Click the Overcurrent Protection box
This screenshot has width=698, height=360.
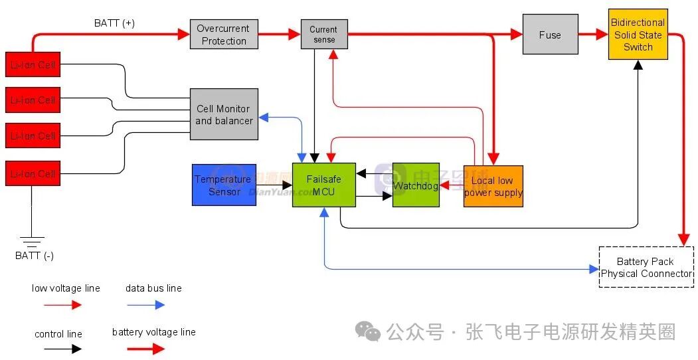[224, 35]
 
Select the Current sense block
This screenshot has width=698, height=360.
[323, 35]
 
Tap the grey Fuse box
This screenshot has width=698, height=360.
[549, 35]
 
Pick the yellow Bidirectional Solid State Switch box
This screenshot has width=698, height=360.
[638, 35]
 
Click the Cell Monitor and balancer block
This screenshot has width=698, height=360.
[224, 114]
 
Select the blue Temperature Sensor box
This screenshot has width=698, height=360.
[224, 185]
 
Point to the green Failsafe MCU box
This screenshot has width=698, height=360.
[323, 185]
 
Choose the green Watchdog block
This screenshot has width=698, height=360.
[416, 185]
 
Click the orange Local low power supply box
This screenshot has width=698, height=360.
[493, 186]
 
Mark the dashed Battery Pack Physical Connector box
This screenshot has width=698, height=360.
[646, 267]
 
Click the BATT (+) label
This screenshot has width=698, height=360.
[114, 23]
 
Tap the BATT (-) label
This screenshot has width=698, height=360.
[35, 256]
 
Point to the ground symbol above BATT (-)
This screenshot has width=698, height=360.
[31, 240]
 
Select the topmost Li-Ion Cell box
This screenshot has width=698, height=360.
[33, 65]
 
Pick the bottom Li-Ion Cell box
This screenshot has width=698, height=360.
[33, 173]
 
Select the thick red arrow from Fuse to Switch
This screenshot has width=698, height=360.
[593, 35]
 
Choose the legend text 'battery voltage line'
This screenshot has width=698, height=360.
[153, 332]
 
